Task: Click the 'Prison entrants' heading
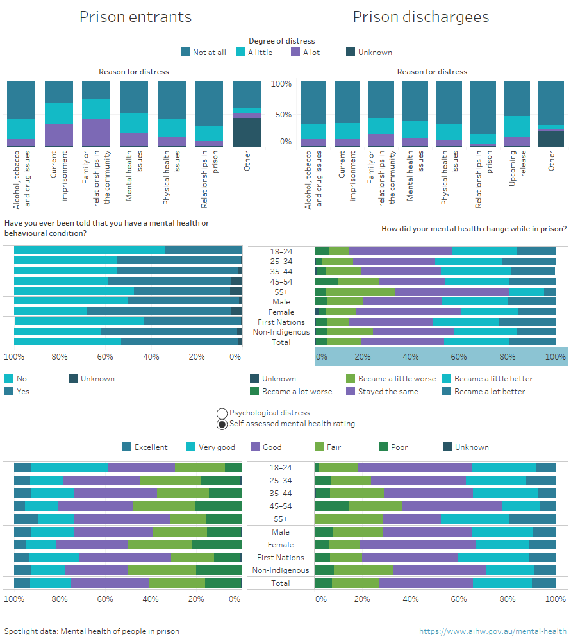pos(135,17)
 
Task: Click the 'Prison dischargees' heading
pos(420,17)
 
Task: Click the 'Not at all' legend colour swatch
pos(186,53)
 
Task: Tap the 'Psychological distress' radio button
pos(222,413)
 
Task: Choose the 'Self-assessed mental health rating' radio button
pos(222,424)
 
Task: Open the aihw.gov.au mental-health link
pos(492,631)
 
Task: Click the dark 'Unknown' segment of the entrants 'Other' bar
pos(246,132)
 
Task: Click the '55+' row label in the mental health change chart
pos(281,292)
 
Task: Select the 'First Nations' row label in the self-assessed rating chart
pos(281,558)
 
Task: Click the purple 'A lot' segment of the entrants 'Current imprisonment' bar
pos(58,135)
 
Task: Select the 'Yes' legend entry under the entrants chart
pos(22,392)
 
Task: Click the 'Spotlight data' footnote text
pos(92,631)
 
